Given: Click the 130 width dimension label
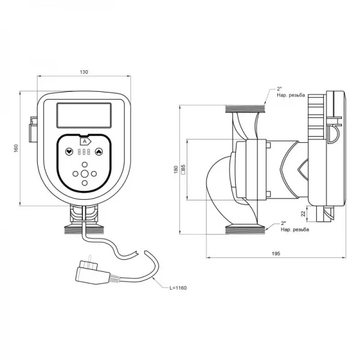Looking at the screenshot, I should pyautogui.click(x=83, y=72).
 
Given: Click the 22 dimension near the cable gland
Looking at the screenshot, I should pyautogui.click(x=304, y=213).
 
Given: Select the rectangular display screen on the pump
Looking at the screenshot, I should pyautogui.click(x=84, y=115).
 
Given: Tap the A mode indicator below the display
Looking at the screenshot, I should pyautogui.click(x=85, y=141).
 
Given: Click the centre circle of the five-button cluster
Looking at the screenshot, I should pyautogui.click(x=85, y=174).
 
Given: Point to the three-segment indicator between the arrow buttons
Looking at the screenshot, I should pyautogui.click(x=85, y=152).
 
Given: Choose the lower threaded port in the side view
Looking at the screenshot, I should pyautogui.click(x=245, y=229).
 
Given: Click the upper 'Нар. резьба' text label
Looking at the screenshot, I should pyautogui.click(x=291, y=95).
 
